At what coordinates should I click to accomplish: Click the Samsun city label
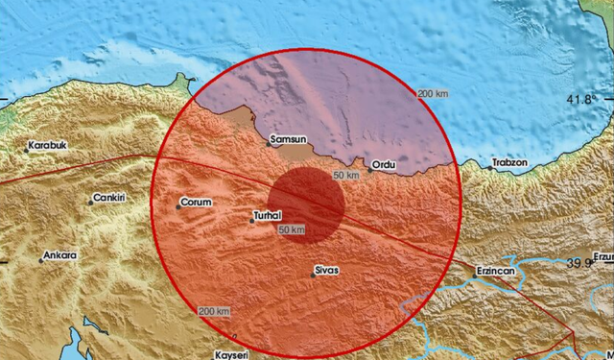click(289, 140)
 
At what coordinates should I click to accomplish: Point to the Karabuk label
click(48, 147)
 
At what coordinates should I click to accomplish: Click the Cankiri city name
click(107, 200)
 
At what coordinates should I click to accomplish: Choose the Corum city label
click(195, 204)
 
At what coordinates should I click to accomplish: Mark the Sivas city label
click(326, 272)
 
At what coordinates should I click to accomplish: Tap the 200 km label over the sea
click(434, 92)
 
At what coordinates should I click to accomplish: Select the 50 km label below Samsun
click(346, 175)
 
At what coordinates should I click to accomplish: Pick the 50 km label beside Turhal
click(292, 230)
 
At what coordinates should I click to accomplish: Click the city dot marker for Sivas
click(315, 272)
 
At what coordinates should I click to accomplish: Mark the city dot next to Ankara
click(41, 257)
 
